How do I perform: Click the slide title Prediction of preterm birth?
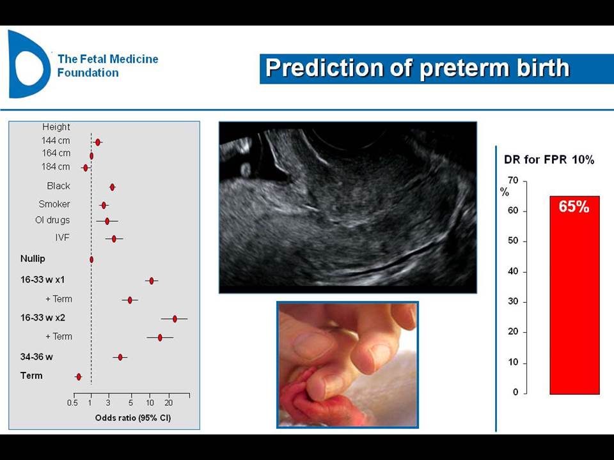pyautogui.click(x=418, y=68)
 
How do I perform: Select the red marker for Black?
pyautogui.click(x=113, y=187)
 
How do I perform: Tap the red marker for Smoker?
pyautogui.click(x=104, y=205)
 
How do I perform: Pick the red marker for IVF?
pyautogui.click(x=114, y=238)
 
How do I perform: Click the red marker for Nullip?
pyautogui.click(x=91, y=259)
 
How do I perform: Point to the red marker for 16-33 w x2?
pyautogui.click(x=175, y=319)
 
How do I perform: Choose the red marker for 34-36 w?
pyautogui.click(x=120, y=356)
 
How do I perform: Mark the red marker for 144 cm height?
pyautogui.click(x=98, y=142)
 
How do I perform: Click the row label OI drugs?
pyautogui.click(x=52, y=220)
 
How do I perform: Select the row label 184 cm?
pyautogui.click(x=56, y=167)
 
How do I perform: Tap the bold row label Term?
pyautogui.click(x=31, y=376)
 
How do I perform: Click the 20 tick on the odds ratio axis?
pyautogui.click(x=169, y=403)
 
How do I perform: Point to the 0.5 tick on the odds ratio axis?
pyautogui.click(x=72, y=403)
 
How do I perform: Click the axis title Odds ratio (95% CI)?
pyautogui.click(x=133, y=418)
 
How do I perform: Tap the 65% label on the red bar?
pyautogui.click(x=574, y=206)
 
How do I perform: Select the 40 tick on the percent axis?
pyautogui.click(x=513, y=271)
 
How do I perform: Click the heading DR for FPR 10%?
pyautogui.click(x=549, y=160)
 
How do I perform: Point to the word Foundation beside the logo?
pyautogui.click(x=88, y=73)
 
